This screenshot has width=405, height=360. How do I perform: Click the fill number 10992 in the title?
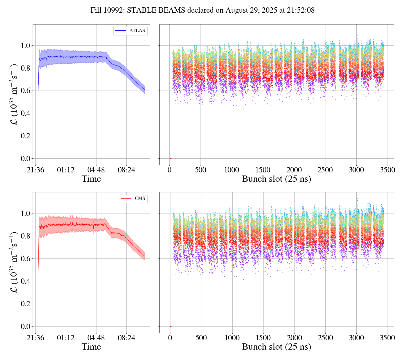click(115, 10)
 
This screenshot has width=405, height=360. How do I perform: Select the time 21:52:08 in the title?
click(301, 10)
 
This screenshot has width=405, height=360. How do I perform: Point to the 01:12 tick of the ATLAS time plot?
click(66, 170)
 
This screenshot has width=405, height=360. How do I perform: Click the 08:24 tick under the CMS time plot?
click(126, 338)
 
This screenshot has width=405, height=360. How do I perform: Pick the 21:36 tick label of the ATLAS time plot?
click(35, 170)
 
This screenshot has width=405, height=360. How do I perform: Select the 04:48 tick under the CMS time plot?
click(96, 338)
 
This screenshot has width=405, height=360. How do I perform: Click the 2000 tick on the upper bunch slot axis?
click(294, 170)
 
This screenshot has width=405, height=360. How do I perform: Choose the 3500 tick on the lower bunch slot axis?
click(387, 338)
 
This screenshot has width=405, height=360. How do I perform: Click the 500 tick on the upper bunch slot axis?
click(201, 170)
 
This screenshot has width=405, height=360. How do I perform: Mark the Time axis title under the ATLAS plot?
click(91, 179)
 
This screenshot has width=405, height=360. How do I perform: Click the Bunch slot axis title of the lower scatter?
click(276, 347)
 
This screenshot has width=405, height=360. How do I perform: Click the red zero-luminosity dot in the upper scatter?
click(170, 159)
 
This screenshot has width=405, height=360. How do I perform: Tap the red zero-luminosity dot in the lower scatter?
click(170, 326)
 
